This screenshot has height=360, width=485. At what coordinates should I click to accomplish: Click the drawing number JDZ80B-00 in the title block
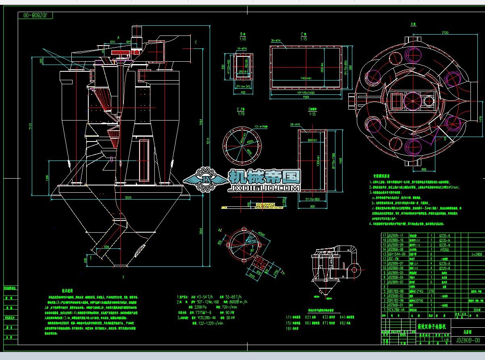click(468, 340)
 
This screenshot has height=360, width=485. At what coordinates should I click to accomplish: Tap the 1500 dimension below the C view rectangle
click(305, 97)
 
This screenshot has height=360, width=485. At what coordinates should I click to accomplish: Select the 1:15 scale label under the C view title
click(303, 39)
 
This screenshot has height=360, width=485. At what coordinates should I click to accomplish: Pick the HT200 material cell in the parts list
click(445, 250)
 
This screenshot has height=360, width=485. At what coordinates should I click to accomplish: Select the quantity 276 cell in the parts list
click(431, 291)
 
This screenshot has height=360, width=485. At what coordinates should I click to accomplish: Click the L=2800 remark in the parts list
click(476, 254)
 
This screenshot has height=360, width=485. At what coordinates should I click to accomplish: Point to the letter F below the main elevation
click(123, 278)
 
